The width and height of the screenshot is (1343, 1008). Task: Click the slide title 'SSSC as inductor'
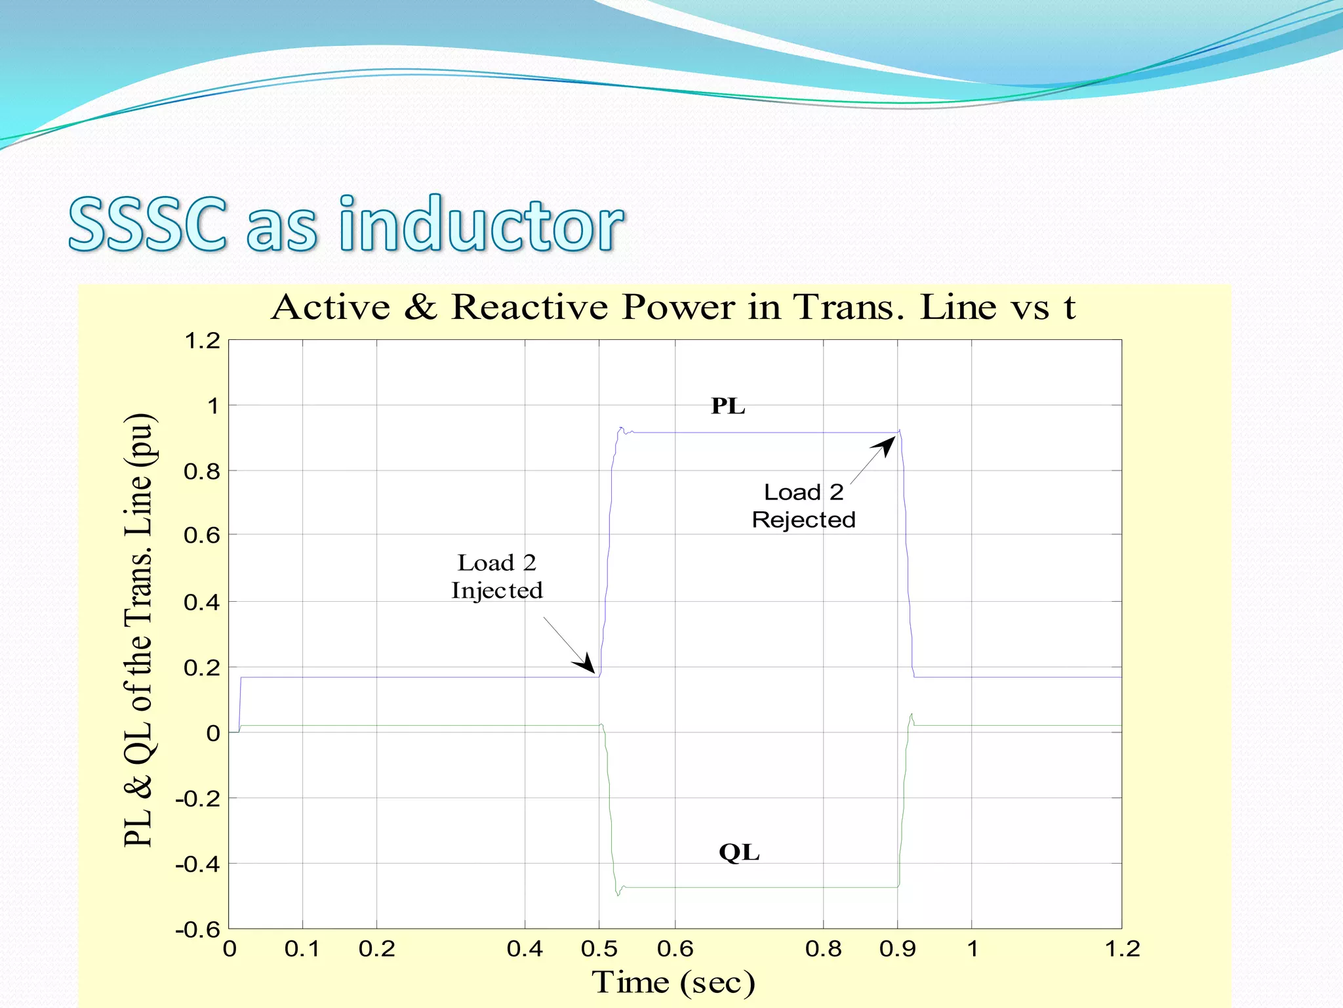tap(346, 225)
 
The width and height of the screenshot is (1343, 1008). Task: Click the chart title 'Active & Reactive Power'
tap(673, 307)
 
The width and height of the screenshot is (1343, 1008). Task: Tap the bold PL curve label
tap(728, 406)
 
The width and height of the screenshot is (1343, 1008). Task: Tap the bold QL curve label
tap(739, 852)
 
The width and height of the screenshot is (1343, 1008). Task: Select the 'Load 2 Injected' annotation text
tap(497, 577)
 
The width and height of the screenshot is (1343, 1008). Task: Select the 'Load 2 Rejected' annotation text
tap(803, 506)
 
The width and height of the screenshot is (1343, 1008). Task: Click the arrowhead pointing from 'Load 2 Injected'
tap(586, 664)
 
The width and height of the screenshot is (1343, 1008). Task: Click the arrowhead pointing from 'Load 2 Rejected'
tap(885, 446)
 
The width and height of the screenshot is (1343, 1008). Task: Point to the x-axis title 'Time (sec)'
tap(673, 982)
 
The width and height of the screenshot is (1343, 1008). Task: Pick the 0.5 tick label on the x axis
tap(599, 949)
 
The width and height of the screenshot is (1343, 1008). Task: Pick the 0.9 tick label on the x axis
tap(897, 949)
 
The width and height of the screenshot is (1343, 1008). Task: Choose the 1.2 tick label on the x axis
tap(1122, 949)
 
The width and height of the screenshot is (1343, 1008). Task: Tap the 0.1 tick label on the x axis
tap(302, 949)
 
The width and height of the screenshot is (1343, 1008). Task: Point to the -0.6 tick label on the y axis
tap(197, 929)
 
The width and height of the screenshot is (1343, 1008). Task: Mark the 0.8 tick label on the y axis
tap(201, 471)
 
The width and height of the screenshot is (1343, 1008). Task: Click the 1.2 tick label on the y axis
tap(202, 341)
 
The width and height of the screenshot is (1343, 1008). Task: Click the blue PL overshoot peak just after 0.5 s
tap(620, 428)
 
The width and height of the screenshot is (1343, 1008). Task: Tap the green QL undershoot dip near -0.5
tap(618, 894)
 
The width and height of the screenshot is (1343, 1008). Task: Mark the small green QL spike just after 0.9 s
tap(912, 715)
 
